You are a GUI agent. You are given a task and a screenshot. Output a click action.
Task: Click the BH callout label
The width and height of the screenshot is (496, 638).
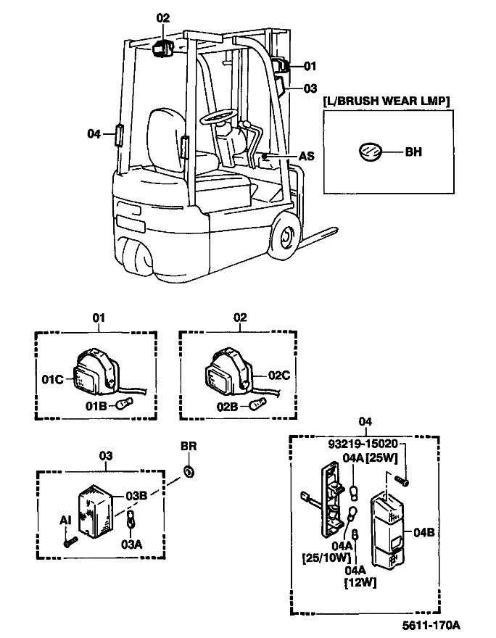coord(413,152)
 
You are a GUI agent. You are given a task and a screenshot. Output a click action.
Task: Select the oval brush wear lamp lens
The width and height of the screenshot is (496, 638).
coord(369,152)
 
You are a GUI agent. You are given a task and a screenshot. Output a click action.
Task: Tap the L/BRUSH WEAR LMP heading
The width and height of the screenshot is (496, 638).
coord(386,100)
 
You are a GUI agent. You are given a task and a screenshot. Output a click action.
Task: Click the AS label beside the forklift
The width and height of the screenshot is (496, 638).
coord(307,156)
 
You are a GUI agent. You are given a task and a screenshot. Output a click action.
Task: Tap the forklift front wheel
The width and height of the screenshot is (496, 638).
coord(284,237)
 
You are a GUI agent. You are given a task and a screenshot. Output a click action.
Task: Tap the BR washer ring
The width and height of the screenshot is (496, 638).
coord(189,472)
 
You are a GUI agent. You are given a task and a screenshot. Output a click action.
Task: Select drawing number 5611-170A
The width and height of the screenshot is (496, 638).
coord(432,624)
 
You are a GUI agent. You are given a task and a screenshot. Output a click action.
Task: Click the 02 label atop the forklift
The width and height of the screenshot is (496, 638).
coord(162,17)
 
